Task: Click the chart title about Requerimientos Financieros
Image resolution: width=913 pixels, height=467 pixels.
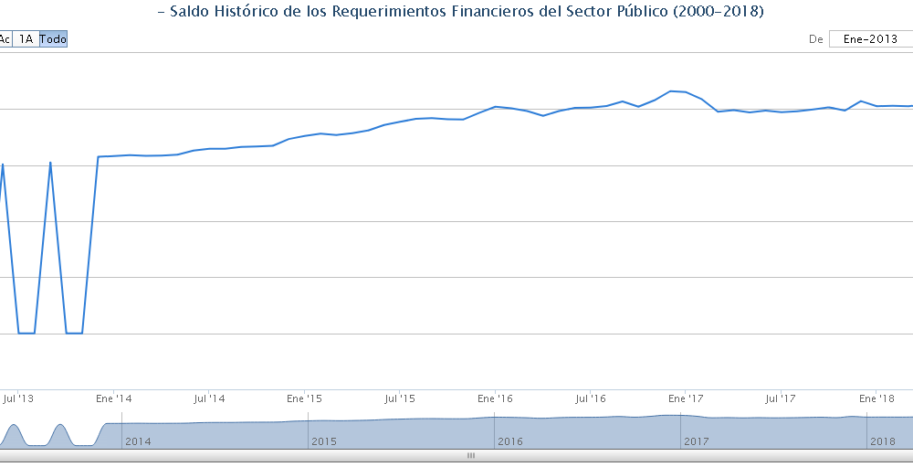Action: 460,12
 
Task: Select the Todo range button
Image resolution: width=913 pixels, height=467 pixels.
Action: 53,39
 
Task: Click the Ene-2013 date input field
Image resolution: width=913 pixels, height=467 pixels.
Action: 870,39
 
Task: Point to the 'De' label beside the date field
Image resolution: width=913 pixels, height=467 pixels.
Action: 815,39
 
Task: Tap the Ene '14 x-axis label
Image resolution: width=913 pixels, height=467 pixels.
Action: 113,398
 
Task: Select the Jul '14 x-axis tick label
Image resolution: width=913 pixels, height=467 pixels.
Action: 209,398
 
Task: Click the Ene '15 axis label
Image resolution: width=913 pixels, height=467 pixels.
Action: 304,398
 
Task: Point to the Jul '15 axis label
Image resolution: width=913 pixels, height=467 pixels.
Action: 400,398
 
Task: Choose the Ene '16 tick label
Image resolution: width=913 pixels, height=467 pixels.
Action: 494,398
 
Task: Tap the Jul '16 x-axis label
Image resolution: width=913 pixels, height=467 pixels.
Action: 591,398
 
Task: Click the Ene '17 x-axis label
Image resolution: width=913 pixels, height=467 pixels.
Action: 686,398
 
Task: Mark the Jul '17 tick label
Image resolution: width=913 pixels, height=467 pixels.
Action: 781,398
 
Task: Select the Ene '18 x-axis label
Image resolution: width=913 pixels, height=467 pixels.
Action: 876,398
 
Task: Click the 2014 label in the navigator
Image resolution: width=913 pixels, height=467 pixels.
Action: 138,441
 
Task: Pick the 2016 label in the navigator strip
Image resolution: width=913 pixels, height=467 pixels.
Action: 510,441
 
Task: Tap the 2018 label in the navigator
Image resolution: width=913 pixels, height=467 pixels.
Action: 883,441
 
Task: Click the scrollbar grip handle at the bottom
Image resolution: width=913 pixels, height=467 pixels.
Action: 471,455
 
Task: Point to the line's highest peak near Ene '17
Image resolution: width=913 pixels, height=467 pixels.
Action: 672,90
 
